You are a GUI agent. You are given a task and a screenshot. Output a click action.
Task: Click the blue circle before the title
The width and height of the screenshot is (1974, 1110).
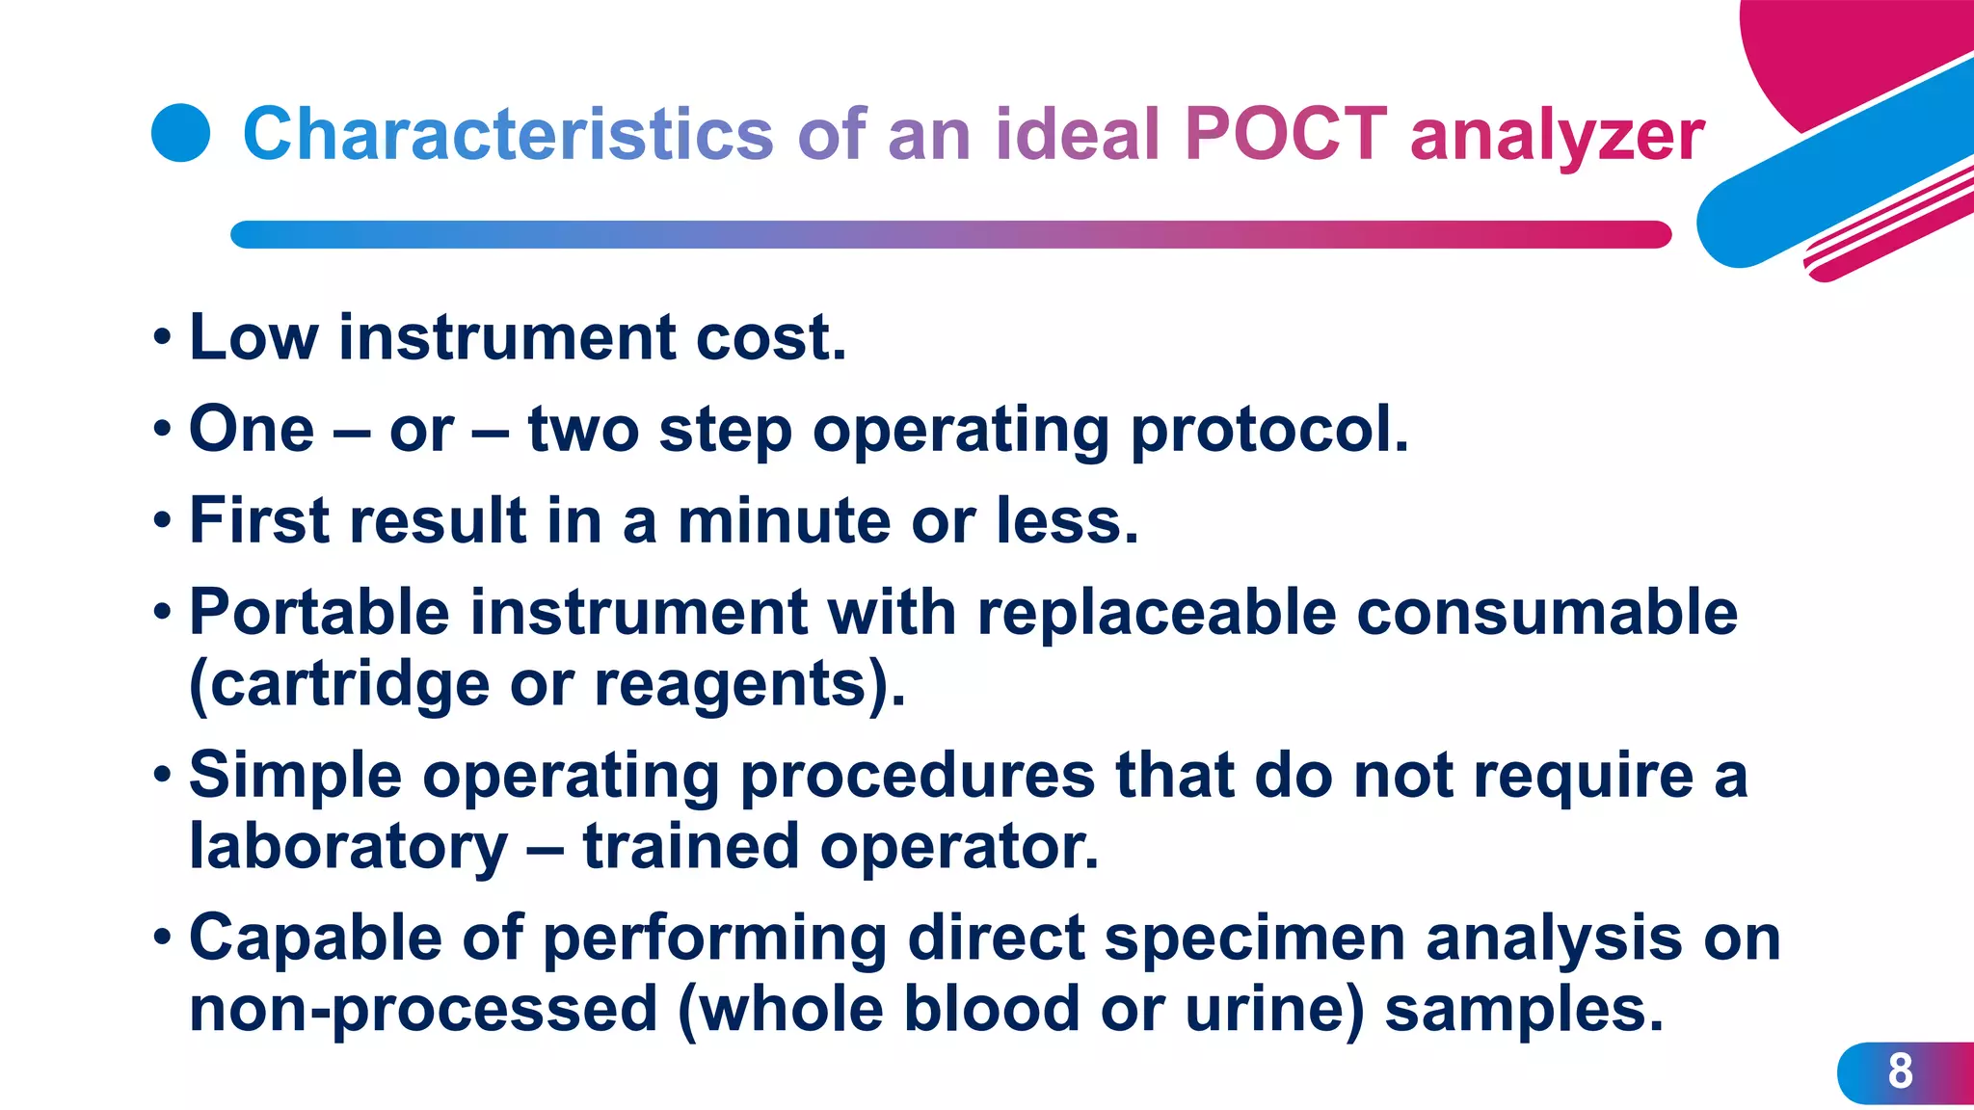point(181,133)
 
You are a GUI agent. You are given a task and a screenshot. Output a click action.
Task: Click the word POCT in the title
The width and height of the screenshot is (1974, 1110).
point(1286,133)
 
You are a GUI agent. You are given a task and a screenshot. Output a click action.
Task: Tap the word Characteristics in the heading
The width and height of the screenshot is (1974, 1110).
point(508,133)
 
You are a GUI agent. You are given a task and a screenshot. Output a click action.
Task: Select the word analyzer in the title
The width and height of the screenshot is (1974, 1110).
point(1558,137)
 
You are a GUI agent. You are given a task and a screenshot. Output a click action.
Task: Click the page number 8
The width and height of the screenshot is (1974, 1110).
point(1900,1071)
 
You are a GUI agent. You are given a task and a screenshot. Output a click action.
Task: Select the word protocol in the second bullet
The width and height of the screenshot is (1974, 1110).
point(1268,430)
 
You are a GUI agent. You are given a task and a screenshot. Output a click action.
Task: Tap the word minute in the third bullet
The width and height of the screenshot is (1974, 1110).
point(784,520)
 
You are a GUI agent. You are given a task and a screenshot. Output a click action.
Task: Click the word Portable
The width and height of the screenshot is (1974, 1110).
point(319,613)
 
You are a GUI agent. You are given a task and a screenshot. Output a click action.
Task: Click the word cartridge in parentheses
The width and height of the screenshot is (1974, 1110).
point(349,684)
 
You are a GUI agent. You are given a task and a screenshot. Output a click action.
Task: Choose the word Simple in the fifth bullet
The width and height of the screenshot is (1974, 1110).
point(295,776)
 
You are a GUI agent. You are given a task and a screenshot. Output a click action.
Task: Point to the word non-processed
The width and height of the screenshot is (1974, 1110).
point(423,1012)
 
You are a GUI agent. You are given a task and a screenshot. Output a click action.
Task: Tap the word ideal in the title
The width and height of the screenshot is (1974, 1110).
point(1077,133)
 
